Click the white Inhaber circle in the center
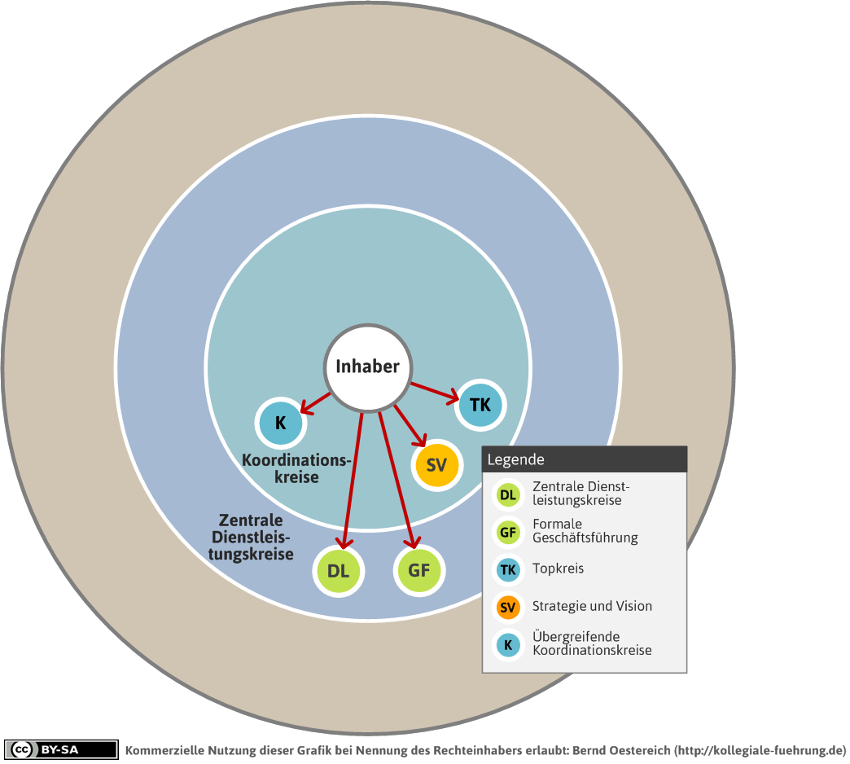(368, 367)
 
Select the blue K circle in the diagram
(281, 423)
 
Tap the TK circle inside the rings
(480, 405)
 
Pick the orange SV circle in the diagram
(436, 465)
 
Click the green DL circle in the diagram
(338, 571)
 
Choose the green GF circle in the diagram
(419, 570)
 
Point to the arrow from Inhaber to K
(315, 403)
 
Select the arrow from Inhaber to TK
(435, 393)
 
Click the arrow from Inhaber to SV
(410, 426)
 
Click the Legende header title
(515, 460)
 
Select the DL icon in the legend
(508, 495)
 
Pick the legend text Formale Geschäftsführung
(585, 531)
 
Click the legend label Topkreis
(558, 569)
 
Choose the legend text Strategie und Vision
(592, 606)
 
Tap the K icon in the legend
(508, 645)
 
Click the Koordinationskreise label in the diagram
(296, 468)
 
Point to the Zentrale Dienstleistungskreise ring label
(251, 538)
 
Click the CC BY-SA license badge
(61, 750)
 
